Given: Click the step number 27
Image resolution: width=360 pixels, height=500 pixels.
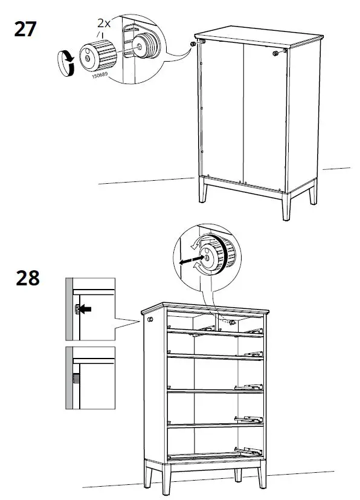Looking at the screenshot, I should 25,28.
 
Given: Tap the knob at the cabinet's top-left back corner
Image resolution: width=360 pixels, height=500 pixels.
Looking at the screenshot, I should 192,44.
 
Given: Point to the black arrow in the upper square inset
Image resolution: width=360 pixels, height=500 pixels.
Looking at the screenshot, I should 86,309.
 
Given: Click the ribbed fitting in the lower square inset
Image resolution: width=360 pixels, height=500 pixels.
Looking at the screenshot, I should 77,380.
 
